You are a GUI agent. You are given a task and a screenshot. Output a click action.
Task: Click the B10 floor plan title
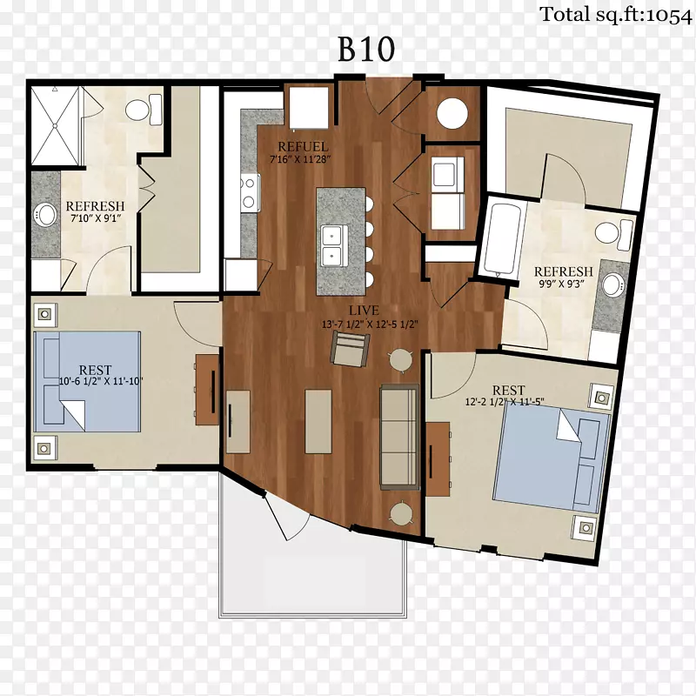click(366, 49)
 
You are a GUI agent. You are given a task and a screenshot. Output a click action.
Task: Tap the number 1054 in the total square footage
click(669, 15)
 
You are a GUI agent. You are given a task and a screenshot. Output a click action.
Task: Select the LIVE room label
click(364, 311)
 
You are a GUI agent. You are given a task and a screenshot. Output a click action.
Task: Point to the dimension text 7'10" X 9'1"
click(96, 218)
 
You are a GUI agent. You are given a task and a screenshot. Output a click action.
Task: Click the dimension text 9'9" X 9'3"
click(561, 284)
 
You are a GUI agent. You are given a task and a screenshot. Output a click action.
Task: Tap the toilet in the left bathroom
click(144, 110)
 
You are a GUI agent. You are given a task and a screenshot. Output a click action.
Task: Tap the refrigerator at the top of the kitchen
click(309, 108)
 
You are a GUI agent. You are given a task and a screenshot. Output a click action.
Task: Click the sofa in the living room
click(399, 437)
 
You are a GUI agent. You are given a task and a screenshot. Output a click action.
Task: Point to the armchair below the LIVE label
click(351, 350)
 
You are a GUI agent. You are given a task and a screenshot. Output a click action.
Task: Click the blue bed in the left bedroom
click(88, 381)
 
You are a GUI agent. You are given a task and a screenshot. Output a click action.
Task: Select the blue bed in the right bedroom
click(552, 461)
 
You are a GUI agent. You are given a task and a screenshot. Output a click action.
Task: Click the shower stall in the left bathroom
click(55, 126)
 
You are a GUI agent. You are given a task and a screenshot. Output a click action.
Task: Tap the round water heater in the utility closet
click(452, 113)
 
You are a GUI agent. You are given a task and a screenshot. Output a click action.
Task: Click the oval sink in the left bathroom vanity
click(45, 215)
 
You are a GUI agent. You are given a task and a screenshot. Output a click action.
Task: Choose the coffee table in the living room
click(318, 422)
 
